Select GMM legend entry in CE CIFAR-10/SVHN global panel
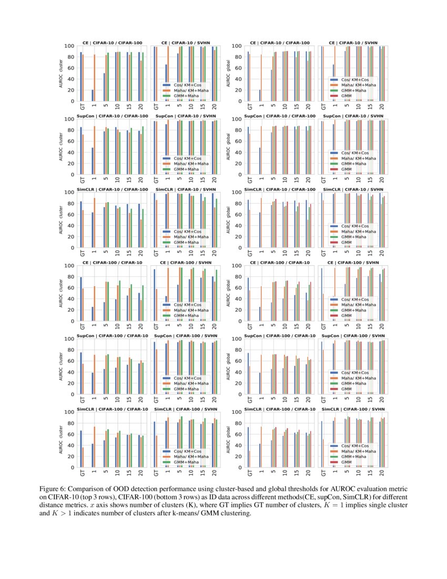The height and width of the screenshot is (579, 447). tap(347, 96)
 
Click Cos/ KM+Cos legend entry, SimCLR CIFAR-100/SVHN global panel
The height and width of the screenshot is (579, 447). tap(353, 446)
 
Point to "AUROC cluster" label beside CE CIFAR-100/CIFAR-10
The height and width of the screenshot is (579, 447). tap(62, 293)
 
